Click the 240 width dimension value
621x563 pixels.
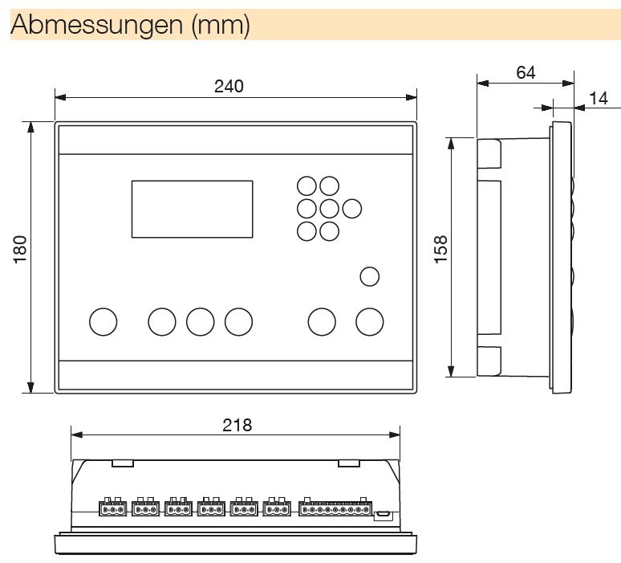pyautogui.click(x=229, y=86)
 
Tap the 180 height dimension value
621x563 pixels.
pyautogui.click(x=20, y=249)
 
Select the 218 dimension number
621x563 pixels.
pyautogui.click(x=237, y=425)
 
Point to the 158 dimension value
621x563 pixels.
pyautogui.click(x=440, y=250)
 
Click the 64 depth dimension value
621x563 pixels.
pyautogui.click(x=526, y=72)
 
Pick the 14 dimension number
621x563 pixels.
pyautogui.click(x=598, y=98)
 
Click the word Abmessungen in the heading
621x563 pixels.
pyautogui.click(x=96, y=25)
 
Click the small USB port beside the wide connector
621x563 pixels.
pyautogui.click(x=384, y=515)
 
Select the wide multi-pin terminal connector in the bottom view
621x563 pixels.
pyautogui.click(x=335, y=506)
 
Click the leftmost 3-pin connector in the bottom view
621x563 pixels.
pyautogui.click(x=112, y=506)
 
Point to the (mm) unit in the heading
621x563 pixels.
pyautogui.click(x=221, y=26)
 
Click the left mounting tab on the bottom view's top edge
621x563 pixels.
pyautogui.click(x=123, y=463)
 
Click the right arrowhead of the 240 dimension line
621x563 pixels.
pyautogui.click(x=411, y=97)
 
